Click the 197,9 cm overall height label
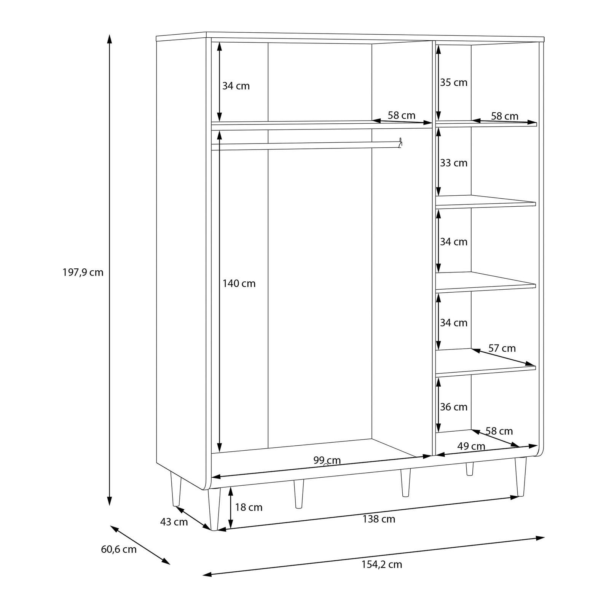click(83, 273)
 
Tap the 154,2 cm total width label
click(382, 564)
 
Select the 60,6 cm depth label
click(119, 550)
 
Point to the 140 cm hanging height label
click(239, 284)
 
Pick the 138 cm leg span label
click(379, 519)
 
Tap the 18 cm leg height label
click(249, 507)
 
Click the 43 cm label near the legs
click(174, 522)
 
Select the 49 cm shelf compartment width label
click(471, 446)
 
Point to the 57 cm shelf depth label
click(502, 348)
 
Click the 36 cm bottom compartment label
click(454, 407)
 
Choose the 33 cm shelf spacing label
click(454, 163)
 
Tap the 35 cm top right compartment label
click(454, 83)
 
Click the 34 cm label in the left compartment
click(236, 86)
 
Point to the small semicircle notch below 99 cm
click(325, 465)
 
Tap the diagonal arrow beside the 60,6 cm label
click(140, 545)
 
